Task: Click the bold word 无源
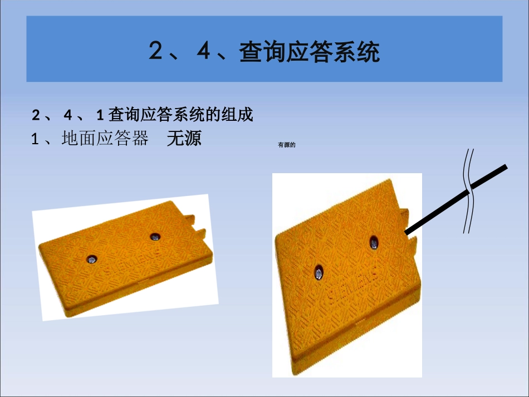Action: [x=184, y=139]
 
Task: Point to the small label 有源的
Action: [x=286, y=146]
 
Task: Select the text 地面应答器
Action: [x=105, y=139]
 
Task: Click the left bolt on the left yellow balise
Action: [x=90, y=258]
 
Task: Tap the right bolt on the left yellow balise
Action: [x=154, y=237]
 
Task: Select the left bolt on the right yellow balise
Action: [x=319, y=271]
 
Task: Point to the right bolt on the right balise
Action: [x=374, y=242]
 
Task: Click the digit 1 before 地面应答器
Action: [x=35, y=139]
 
